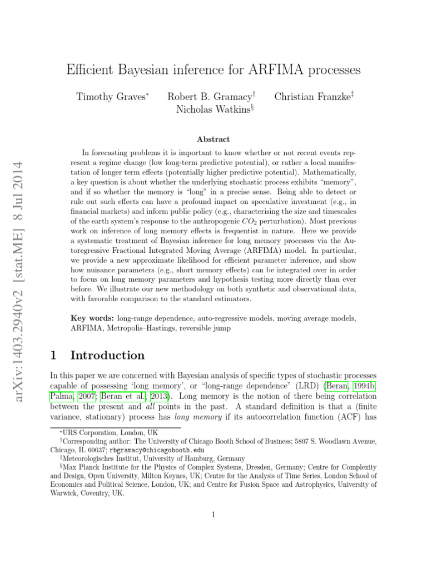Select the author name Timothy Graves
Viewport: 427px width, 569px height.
111,97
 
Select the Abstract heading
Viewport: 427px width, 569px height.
213,139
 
